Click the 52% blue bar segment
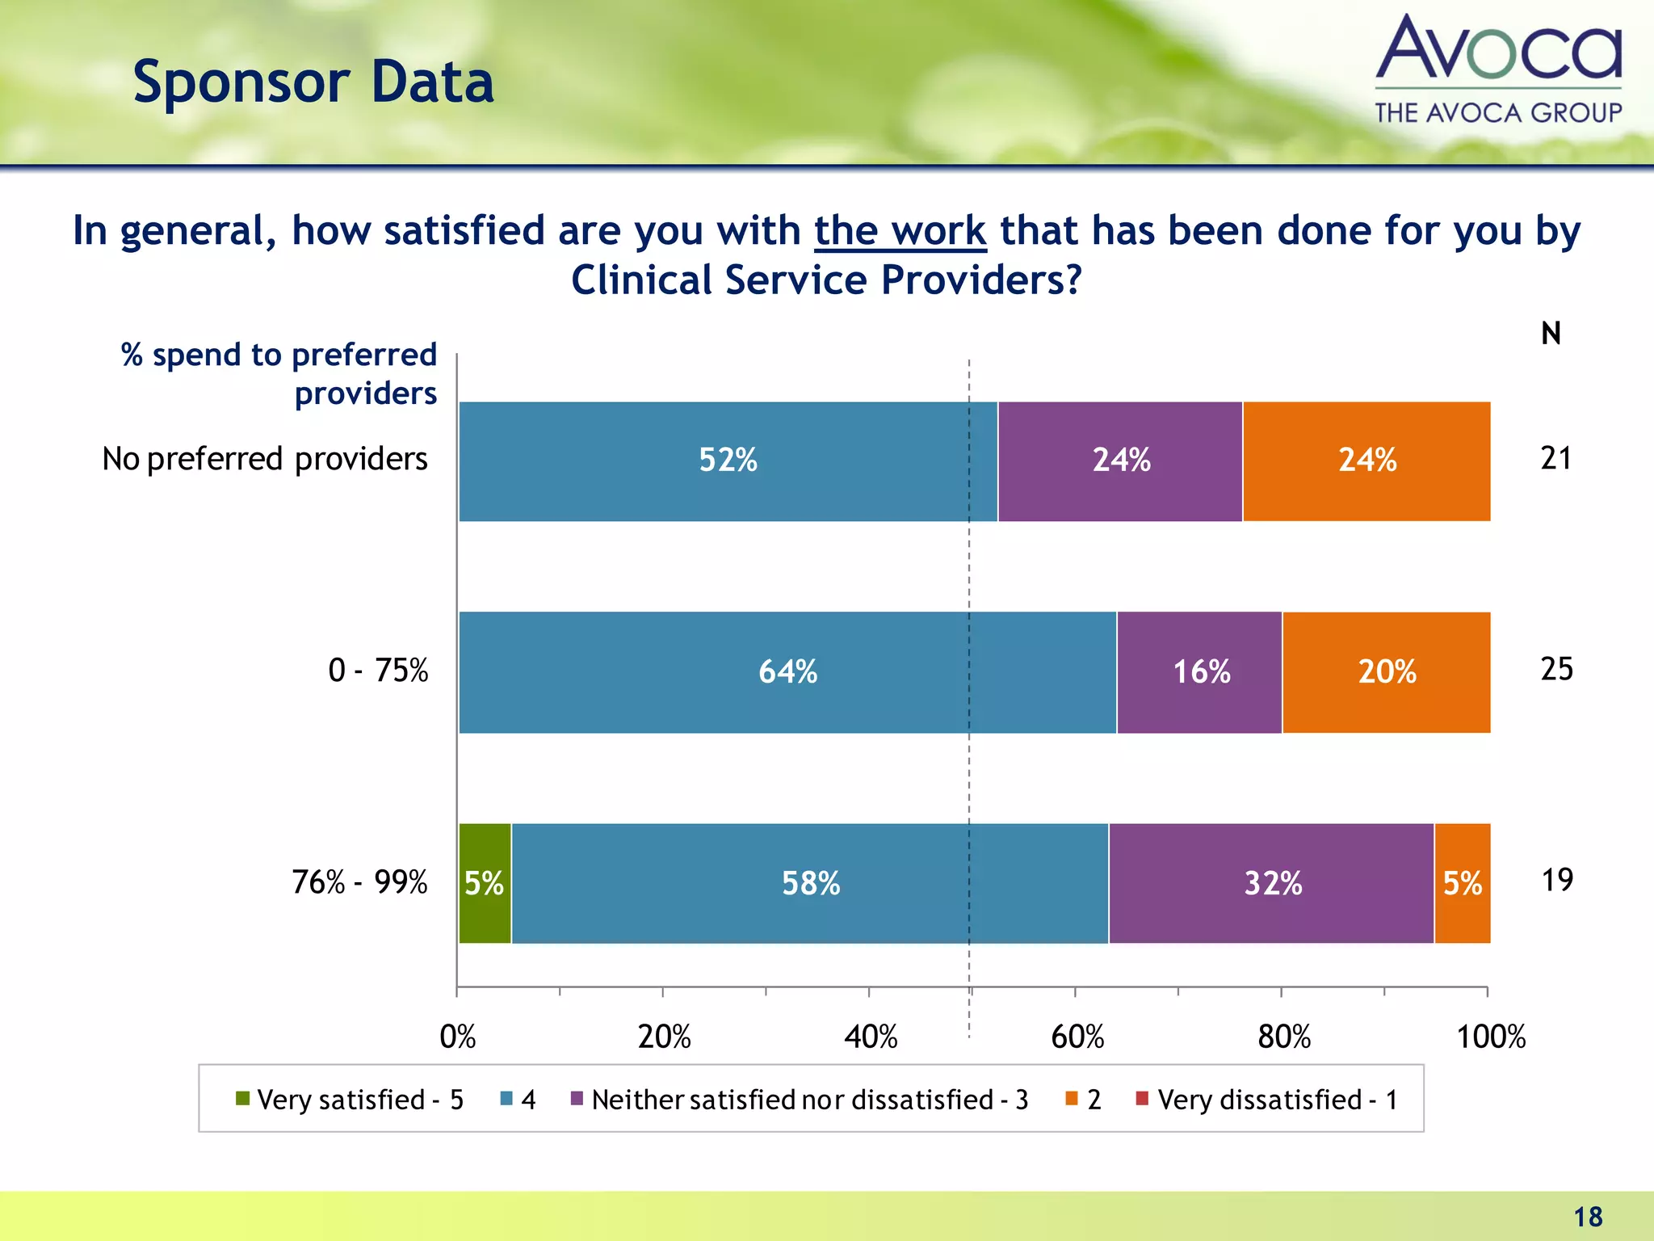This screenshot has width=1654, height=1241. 728,461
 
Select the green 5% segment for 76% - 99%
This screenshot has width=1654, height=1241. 485,883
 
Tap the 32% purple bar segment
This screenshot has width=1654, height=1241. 1272,883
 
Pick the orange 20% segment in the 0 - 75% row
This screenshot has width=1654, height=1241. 1386,671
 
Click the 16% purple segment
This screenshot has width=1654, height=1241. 1200,671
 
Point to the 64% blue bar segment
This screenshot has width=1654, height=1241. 787,671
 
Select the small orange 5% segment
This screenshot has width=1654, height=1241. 1463,883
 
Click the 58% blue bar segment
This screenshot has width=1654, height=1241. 810,883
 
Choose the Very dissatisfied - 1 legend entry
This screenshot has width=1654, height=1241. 1267,1100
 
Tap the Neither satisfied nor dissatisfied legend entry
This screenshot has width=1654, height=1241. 800,1100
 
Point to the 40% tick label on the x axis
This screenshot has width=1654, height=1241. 871,1037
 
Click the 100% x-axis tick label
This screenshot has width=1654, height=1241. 1490,1037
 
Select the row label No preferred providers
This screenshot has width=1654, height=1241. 265,459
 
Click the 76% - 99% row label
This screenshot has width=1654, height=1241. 359,882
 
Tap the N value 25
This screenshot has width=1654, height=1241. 1556,669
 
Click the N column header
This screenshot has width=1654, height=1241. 1551,334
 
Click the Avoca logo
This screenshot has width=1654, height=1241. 1498,69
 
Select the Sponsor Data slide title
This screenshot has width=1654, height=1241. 313,82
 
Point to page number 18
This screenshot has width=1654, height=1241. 1588,1217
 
